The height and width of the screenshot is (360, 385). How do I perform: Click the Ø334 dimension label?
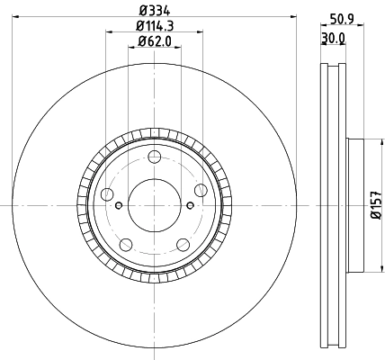click(154, 11)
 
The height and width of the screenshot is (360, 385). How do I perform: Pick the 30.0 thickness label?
click(334, 38)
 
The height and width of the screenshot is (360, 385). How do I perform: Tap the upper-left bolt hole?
click(109, 195)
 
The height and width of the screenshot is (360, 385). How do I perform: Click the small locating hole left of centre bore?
click(119, 205)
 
